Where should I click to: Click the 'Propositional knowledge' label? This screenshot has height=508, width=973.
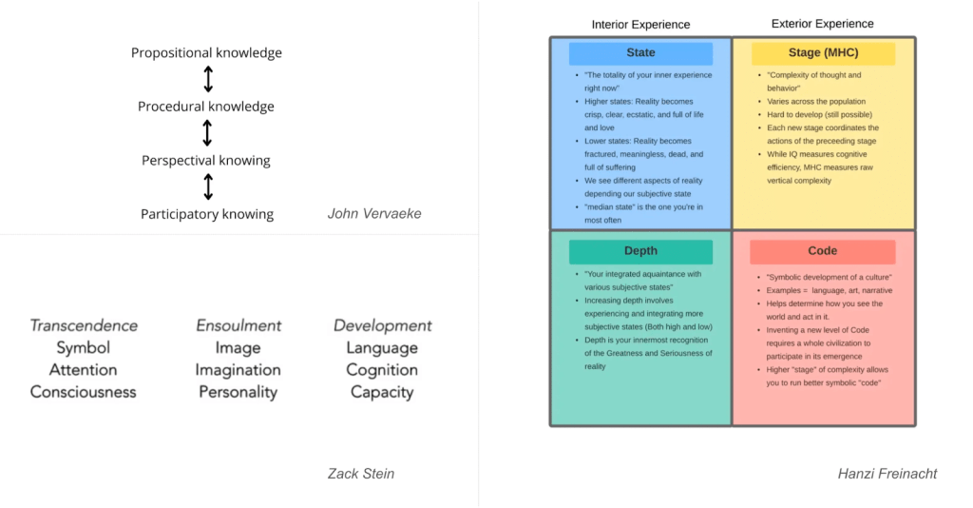tap(206, 53)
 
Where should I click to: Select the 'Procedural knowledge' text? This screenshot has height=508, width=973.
tap(206, 107)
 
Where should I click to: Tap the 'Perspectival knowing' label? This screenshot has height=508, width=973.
tap(206, 160)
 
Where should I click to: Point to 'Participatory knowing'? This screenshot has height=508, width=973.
tap(207, 214)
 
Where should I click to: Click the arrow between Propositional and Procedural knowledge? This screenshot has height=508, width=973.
tap(207, 80)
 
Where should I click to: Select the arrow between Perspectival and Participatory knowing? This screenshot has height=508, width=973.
tap(207, 186)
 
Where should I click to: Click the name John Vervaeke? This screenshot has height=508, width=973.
tap(373, 213)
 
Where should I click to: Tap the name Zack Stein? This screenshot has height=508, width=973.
tap(360, 473)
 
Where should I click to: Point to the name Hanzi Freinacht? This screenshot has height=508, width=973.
tap(887, 473)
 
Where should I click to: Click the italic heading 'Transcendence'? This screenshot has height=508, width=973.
tap(84, 325)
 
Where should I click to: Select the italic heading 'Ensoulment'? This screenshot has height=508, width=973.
tap(238, 325)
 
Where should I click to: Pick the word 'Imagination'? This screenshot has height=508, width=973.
tap(238, 369)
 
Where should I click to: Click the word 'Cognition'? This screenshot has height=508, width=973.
tap(382, 369)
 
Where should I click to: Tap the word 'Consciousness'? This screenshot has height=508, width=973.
tap(84, 391)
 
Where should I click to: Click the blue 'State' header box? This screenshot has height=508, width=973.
tap(640, 53)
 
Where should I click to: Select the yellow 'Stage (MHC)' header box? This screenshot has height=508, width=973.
tap(823, 53)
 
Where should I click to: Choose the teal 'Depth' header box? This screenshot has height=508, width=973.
tap(640, 251)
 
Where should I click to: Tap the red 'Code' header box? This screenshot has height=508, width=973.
tap(823, 251)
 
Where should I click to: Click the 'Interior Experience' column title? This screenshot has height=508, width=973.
tap(640, 25)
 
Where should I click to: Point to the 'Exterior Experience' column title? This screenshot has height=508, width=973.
tap(823, 24)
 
